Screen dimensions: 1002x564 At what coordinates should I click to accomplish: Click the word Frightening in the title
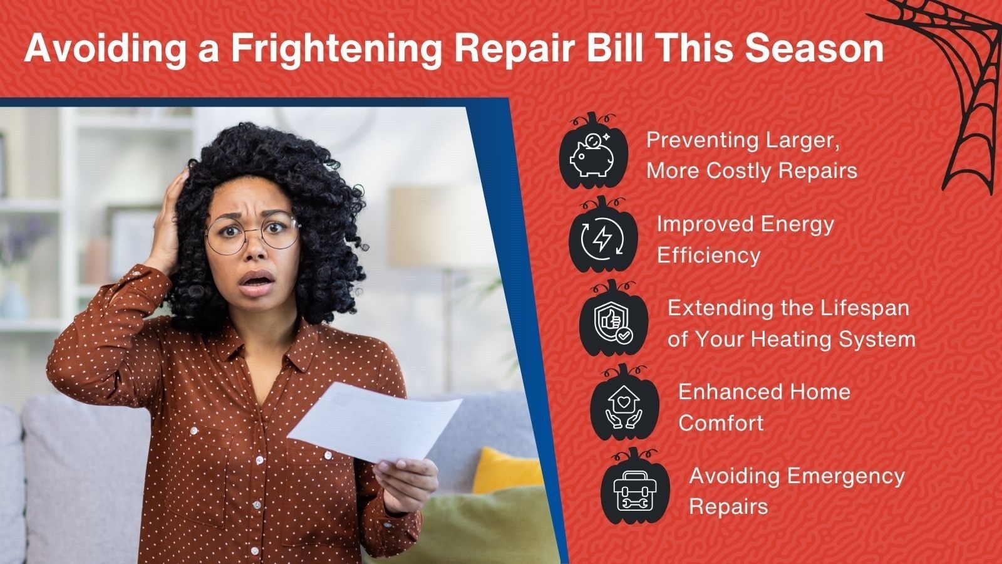(x=337, y=50)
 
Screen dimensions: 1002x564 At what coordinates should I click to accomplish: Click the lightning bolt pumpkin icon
(x=603, y=234)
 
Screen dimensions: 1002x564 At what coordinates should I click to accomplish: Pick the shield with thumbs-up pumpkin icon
(x=613, y=318)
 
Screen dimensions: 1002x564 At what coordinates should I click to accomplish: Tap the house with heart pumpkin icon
(x=624, y=402)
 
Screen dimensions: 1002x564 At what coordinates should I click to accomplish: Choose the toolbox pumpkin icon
(x=635, y=486)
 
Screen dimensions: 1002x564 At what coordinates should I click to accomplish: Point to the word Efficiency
(x=708, y=256)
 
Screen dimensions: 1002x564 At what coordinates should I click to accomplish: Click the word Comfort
(x=721, y=423)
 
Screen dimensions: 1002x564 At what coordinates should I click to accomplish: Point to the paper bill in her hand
(x=374, y=422)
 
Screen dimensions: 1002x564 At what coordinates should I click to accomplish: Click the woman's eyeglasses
(x=252, y=234)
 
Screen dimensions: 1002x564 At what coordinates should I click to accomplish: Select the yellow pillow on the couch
(x=507, y=471)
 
